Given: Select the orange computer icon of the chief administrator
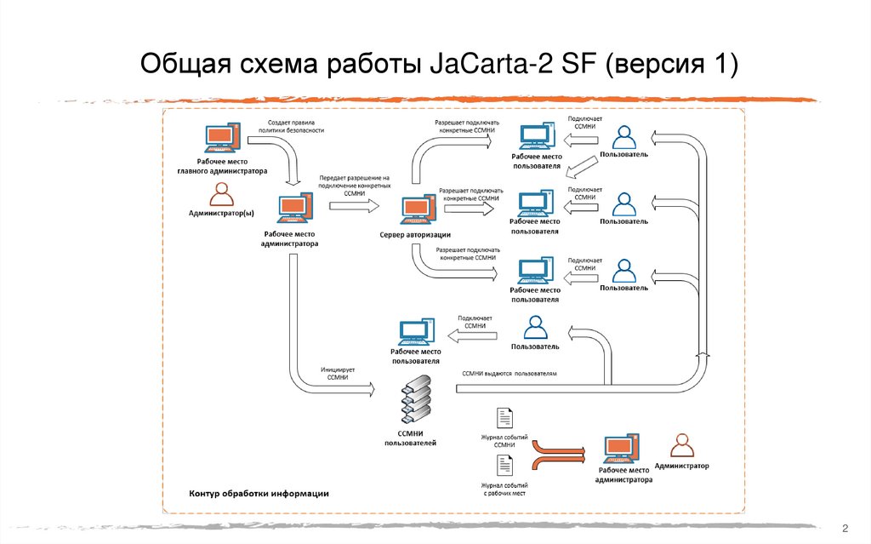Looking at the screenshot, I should pos(221,140).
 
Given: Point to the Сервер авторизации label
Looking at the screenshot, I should pos(415,235).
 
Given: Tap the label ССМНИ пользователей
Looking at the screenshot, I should pos(411,438).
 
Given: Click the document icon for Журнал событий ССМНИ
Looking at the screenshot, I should pos(504,417).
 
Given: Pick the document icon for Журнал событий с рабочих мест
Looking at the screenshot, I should pos(504,465).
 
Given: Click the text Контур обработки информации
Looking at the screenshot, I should pos(259,494).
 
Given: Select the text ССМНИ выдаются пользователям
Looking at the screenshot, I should pos(510,373).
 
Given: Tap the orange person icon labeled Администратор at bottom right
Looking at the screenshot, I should pos(681,447).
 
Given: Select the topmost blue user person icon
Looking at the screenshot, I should pos(624,136).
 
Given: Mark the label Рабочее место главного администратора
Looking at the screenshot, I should pos(221,167).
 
